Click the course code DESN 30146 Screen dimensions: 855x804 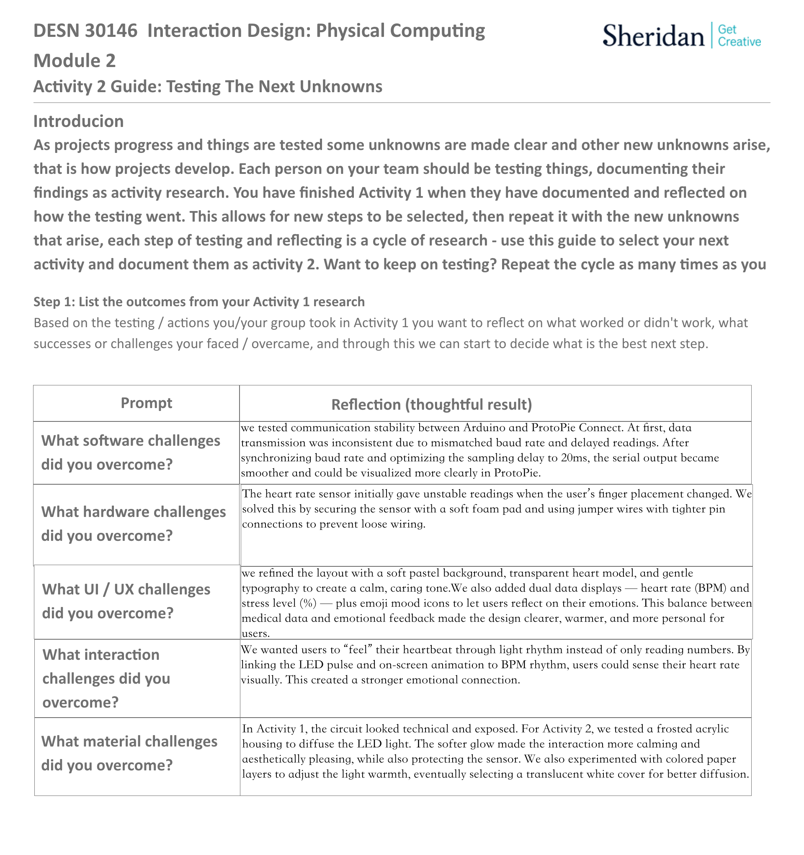click(x=85, y=31)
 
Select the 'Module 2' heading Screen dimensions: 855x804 click(x=75, y=61)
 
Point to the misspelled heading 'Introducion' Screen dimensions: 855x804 click(x=78, y=121)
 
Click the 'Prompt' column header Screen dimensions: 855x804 click(x=146, y=403)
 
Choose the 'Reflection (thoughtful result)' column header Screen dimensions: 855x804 click(x=431, y=405)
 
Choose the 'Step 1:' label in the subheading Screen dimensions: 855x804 click(x=54, y=302)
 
